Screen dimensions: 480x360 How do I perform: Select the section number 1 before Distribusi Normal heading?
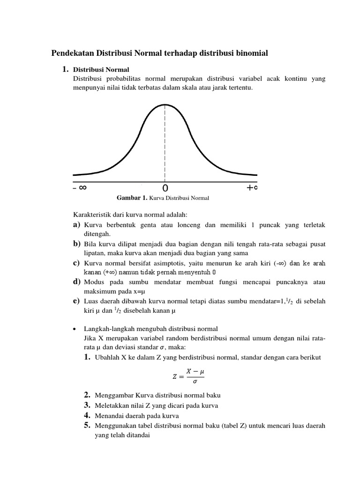[x=65, y=69]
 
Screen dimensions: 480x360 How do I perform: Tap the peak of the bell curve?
[x=165, y=105]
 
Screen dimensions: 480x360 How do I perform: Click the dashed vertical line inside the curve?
[x=165, y=141]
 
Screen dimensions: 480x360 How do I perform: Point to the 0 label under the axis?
[x=165, y=188]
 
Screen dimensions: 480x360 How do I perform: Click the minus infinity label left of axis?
[x=80, y=187]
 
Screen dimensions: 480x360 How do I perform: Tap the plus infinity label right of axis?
[x=252, y=187]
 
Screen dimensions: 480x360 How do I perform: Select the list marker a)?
[x=77, y=225]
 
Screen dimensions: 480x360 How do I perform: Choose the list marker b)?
[x=77, y=244]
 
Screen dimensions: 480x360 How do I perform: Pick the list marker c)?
[x=77, y=263]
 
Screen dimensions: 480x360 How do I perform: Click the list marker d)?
[x=77, y=282]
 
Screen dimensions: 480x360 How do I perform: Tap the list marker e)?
[x=77, y=301]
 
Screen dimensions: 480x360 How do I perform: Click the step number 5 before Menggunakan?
[x=87, y=425]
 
